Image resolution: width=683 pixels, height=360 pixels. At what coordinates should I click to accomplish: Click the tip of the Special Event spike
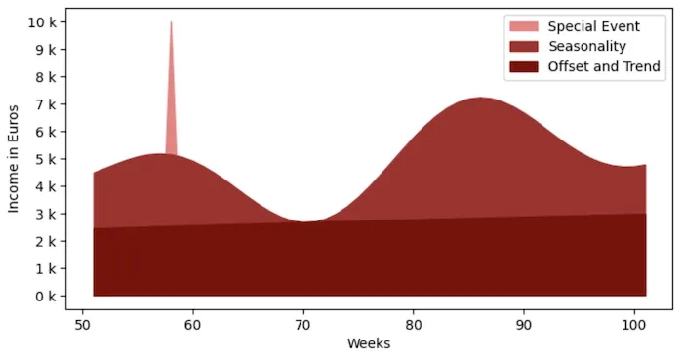point(171,22)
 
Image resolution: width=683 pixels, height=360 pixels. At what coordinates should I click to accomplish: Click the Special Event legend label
point(592,25)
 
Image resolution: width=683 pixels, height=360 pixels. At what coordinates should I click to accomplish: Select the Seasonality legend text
point(586,46)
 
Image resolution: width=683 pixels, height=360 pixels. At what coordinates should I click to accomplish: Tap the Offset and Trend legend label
point(604,66)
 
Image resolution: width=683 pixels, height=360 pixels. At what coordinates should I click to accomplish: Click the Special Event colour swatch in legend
point(523,25)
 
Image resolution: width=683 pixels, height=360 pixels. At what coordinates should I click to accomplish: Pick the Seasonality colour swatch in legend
point(523,46)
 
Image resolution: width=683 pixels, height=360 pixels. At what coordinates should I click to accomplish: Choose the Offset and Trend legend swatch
point(523,66)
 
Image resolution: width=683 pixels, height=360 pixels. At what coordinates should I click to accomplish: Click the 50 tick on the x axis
point(82,323)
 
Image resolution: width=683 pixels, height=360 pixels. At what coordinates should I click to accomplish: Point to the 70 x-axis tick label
point(303,323)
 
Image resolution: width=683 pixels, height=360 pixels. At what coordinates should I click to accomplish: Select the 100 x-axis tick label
point(635,323)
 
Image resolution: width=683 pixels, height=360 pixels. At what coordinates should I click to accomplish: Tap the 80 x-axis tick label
point(414,323)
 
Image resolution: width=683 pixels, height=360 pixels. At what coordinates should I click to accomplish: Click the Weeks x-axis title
point(369,342)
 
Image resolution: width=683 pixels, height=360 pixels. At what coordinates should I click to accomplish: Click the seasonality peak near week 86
point(480,98)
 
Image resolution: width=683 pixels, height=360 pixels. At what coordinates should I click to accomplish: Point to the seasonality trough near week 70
point(304,221)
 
